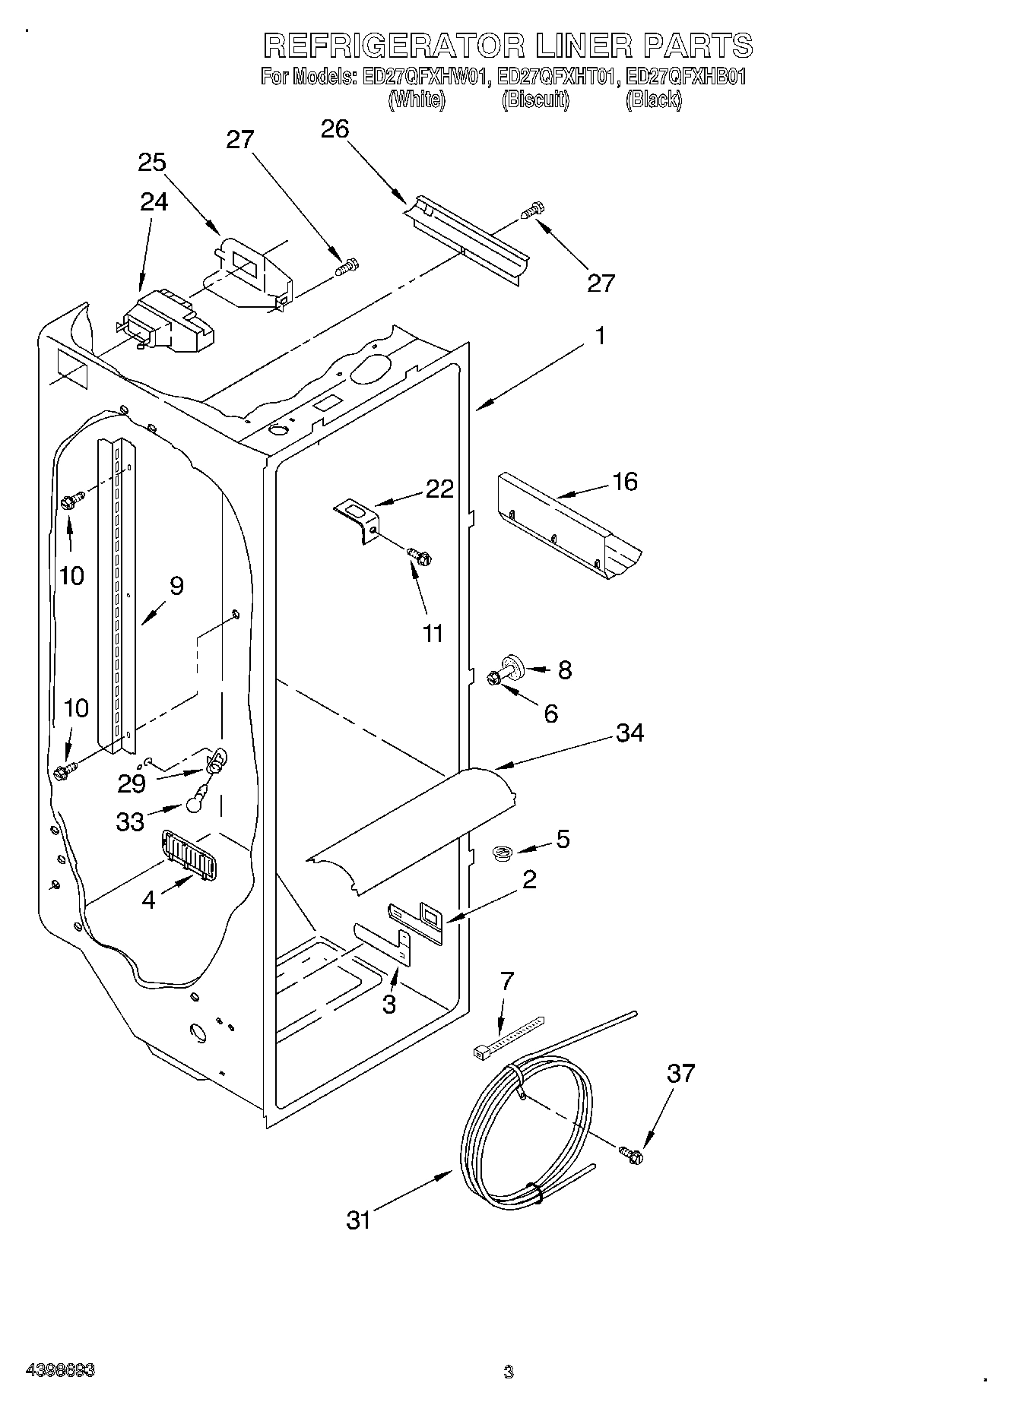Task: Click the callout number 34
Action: click(x=630, y=733)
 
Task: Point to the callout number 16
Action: click(x=625, y=482)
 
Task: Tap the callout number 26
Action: click(x=335, y=129)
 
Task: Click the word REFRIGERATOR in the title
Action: click(x=393, y=46)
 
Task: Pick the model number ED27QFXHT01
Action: click(x=555, y=77)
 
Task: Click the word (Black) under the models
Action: click(x=653, y=100)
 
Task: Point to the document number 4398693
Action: click(x=60, y=1371)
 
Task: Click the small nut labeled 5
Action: click(x=501, y=854)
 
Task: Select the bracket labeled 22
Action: click(x=357, y=518)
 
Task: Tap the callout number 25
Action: click(x=152, y=163)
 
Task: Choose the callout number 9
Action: click(x=176, y=586)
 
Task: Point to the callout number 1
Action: click(x=600, y=335)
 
